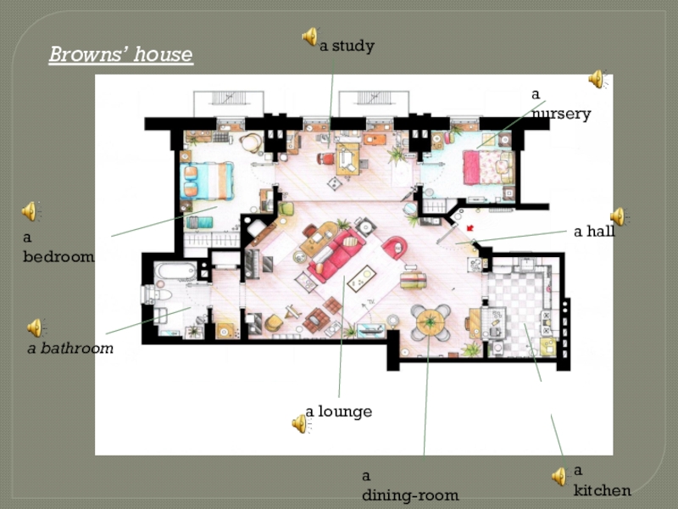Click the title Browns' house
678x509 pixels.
coord(120,54)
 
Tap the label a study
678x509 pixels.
coord(347,46)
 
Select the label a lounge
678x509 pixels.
coord(339,411)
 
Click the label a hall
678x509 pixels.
coord(595,232)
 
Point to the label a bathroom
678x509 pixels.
coord(70,348)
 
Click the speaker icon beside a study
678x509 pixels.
coord(310,36)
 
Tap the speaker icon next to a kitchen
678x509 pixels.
coord(559,476)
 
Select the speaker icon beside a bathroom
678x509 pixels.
coord(36,327)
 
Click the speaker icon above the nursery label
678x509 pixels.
coord(597,79)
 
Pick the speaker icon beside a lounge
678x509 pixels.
coord(301,423)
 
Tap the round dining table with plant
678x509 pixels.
coord(431,322)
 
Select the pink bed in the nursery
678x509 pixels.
coord(489,167)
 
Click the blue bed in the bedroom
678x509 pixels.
coord(207,181)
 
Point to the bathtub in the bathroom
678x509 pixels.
coord(175,271)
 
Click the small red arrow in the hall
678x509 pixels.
coord(470,227)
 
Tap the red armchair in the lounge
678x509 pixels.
coord(395,248)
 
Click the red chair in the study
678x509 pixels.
coord(326,159)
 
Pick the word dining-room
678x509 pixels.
coord(410,495)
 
